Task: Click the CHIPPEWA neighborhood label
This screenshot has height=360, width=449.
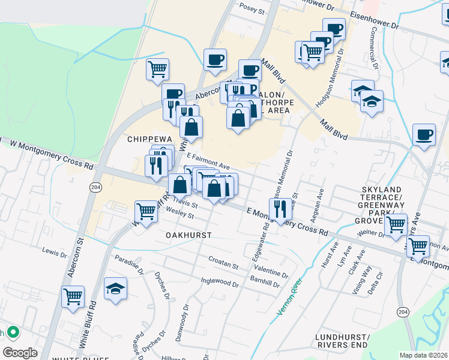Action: click(145, 139)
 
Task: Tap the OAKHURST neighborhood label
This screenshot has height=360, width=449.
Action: click(188, 235)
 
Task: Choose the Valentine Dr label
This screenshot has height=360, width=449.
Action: click(272, 271)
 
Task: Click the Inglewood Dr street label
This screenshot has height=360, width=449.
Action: click(220, 281)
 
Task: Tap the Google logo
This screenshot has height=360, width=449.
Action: click(20, 352)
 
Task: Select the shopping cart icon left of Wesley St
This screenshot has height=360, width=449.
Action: click(146, 211)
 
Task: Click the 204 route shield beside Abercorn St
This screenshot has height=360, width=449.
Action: click(95, 187)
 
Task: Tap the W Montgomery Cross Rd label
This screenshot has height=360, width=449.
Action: click(52, 153)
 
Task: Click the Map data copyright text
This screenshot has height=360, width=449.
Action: click(423, 355)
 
